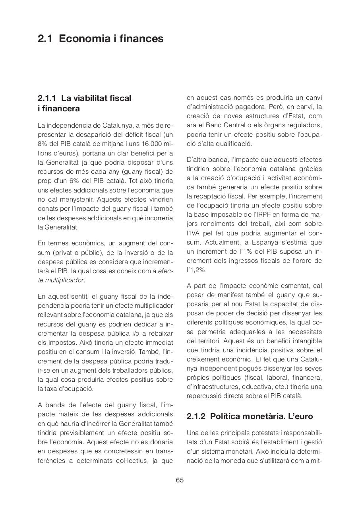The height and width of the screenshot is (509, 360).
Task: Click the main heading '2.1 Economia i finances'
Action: click(101, 39)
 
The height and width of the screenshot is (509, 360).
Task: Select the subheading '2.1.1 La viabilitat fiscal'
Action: click(84, 98)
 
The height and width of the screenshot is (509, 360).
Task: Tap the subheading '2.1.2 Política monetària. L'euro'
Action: click(250, 416)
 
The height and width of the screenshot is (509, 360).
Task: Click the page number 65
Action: click(180, 480)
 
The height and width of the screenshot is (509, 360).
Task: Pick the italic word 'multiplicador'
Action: click(64, 280)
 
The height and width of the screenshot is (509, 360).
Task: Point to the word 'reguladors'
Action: click(306, 126)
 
